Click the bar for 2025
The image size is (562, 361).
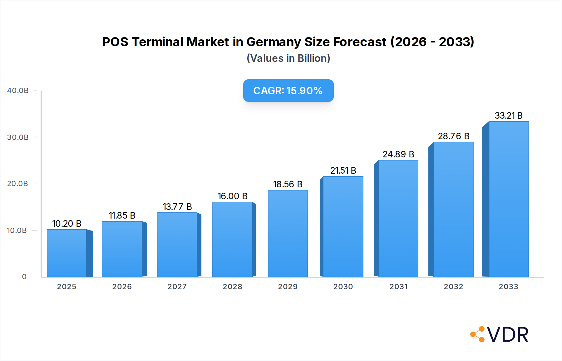(x=67, y=253)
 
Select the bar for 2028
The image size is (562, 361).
(x=233, y=239)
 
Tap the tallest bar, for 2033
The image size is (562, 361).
(x=509, y=199)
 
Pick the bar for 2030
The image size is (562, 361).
(x=343, y=226)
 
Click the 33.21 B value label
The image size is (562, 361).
(x=509, y=116)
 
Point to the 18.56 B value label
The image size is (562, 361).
(x=288, y=184)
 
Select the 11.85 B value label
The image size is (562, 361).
(x=122, y=215)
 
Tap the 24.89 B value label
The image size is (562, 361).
(x=398, y=154)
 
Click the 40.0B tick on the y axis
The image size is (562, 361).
(x=18, y=91)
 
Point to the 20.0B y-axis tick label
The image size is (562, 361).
(x=17, y=184)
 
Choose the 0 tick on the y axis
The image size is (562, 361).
(x=24, y=277)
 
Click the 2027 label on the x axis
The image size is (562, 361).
(x=177, y=287)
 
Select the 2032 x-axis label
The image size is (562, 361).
(x=453, y=287)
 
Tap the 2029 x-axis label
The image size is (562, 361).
(x=288, y=287)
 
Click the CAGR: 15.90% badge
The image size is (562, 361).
(x=288, y=91)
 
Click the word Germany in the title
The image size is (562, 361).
(x=274, y=42)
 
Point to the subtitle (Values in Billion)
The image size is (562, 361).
(x=288, y=58)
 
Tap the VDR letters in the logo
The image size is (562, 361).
(x=508, y=335)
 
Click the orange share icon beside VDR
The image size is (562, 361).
(x=478, y=334)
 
